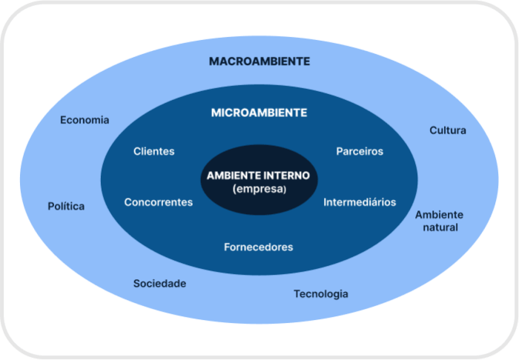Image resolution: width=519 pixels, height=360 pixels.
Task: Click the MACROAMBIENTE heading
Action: (x=259, y=61)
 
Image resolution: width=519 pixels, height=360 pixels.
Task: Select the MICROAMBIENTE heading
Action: (x=259, y=113)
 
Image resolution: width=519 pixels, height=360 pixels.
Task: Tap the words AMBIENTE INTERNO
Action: (x=258, y=176)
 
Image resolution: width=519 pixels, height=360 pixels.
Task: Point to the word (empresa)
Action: (x=259, y=189)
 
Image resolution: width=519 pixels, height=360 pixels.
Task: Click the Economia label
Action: (x=85, y=120)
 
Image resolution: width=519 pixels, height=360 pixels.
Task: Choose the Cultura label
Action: (x=448, y=130)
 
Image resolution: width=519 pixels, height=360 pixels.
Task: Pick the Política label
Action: (x=66, y=206)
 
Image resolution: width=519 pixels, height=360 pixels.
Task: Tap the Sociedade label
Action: (x=159, y=283)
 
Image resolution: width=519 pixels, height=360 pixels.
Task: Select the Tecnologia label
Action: (x=321, y=294)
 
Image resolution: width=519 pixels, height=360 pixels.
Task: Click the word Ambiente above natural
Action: (x=439, y=215)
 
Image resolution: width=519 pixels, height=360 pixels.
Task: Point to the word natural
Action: (x=440, y=227)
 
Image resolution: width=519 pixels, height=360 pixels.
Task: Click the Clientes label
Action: (x=154, y=151)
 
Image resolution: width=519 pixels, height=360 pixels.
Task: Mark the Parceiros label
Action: (x=360, y=151)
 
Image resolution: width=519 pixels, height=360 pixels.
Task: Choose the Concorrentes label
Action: (x=159, y=202)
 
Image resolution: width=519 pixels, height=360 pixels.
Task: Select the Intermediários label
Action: (x=360, y=202)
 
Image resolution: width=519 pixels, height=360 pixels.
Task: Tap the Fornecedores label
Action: (x=259, y=247)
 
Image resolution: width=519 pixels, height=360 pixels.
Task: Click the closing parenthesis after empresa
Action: (x=284, y=190)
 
